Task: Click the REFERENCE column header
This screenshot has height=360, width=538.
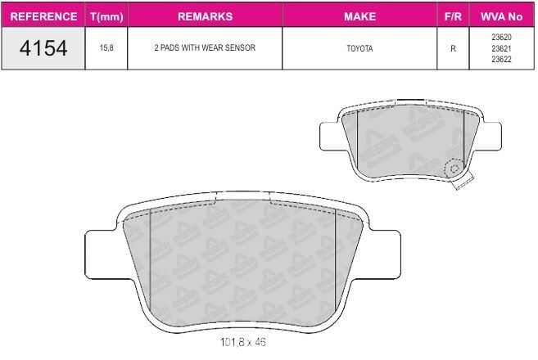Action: pyautogui.click(x=43, y=16)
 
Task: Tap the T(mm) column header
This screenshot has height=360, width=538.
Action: pyautogui.click(x=106, y=17)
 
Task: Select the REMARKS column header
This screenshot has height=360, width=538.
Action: pyautogui.click(x=206, y=16)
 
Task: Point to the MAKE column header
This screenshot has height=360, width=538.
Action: pyautogui.click(x=360, y=16)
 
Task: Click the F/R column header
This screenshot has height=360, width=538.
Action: pyautogui.click(x=453, y=16)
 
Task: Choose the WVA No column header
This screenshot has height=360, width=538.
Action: pyautogui.click(x=501, y=16)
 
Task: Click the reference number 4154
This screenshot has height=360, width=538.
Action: pyautogui.click(x=43, y=48)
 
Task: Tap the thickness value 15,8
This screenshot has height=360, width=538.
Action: pyautogui.click(x=106, y=48)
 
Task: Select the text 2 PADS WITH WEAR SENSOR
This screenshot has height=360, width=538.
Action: pyautogui.click(x=205, y=47)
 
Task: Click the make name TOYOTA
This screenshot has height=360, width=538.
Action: pyautogui.click(x=359, y=48)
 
